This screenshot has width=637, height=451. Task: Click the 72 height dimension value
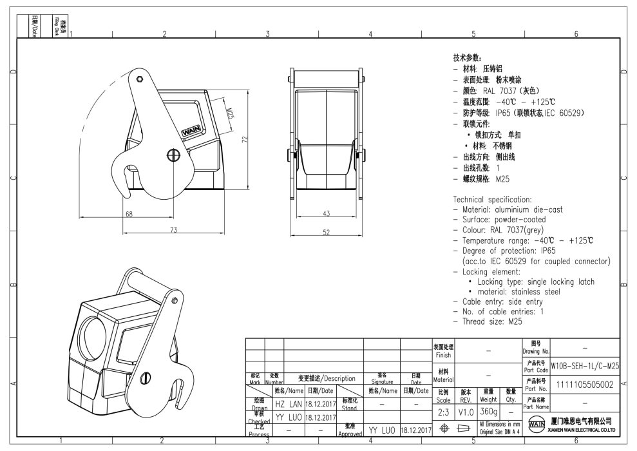click(244, 140)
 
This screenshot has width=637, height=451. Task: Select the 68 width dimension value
click(129, 214)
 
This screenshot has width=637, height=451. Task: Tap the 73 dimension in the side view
click(173, 230)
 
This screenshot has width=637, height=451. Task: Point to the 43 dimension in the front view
click(326, 214)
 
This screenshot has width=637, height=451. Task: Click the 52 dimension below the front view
click(326, 232)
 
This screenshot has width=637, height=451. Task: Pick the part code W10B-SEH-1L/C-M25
click(585, 366)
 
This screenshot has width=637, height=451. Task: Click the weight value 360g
click(488, 411)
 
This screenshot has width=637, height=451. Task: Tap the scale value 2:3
click(443, 411)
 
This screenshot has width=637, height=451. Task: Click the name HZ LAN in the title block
click(289, 404)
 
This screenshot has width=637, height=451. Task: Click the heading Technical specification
click(492, 200)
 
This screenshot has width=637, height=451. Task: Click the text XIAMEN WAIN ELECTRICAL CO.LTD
click(582, 430)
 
